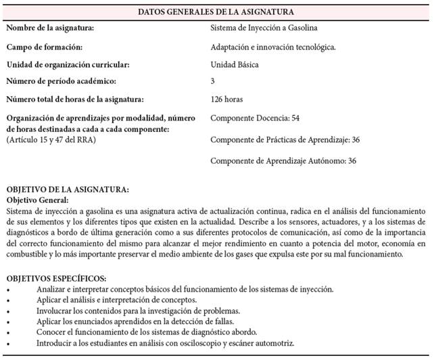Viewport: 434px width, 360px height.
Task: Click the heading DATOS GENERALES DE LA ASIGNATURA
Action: pyautogui.click(x=216, y=12)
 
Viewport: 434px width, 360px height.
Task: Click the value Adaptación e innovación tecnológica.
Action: pyautogui.click(x=274, y=47)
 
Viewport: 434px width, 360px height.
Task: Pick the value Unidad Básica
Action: pyautogui.click(x=235, y=65)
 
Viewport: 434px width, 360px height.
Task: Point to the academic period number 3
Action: pyautogui.click(x=213, y=82)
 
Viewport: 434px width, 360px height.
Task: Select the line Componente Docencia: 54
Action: pyautogui.click(x=255, y=118)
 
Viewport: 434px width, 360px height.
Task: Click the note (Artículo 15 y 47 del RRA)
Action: pyautogui.click(x=50, y=139)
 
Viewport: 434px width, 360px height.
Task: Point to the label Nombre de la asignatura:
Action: pyautogui.click(x=50, y=28)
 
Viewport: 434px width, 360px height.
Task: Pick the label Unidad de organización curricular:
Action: pyautogui.click(x=68, y=65)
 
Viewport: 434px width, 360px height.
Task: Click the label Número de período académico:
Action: pyautogui.click(x=60, y=82)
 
